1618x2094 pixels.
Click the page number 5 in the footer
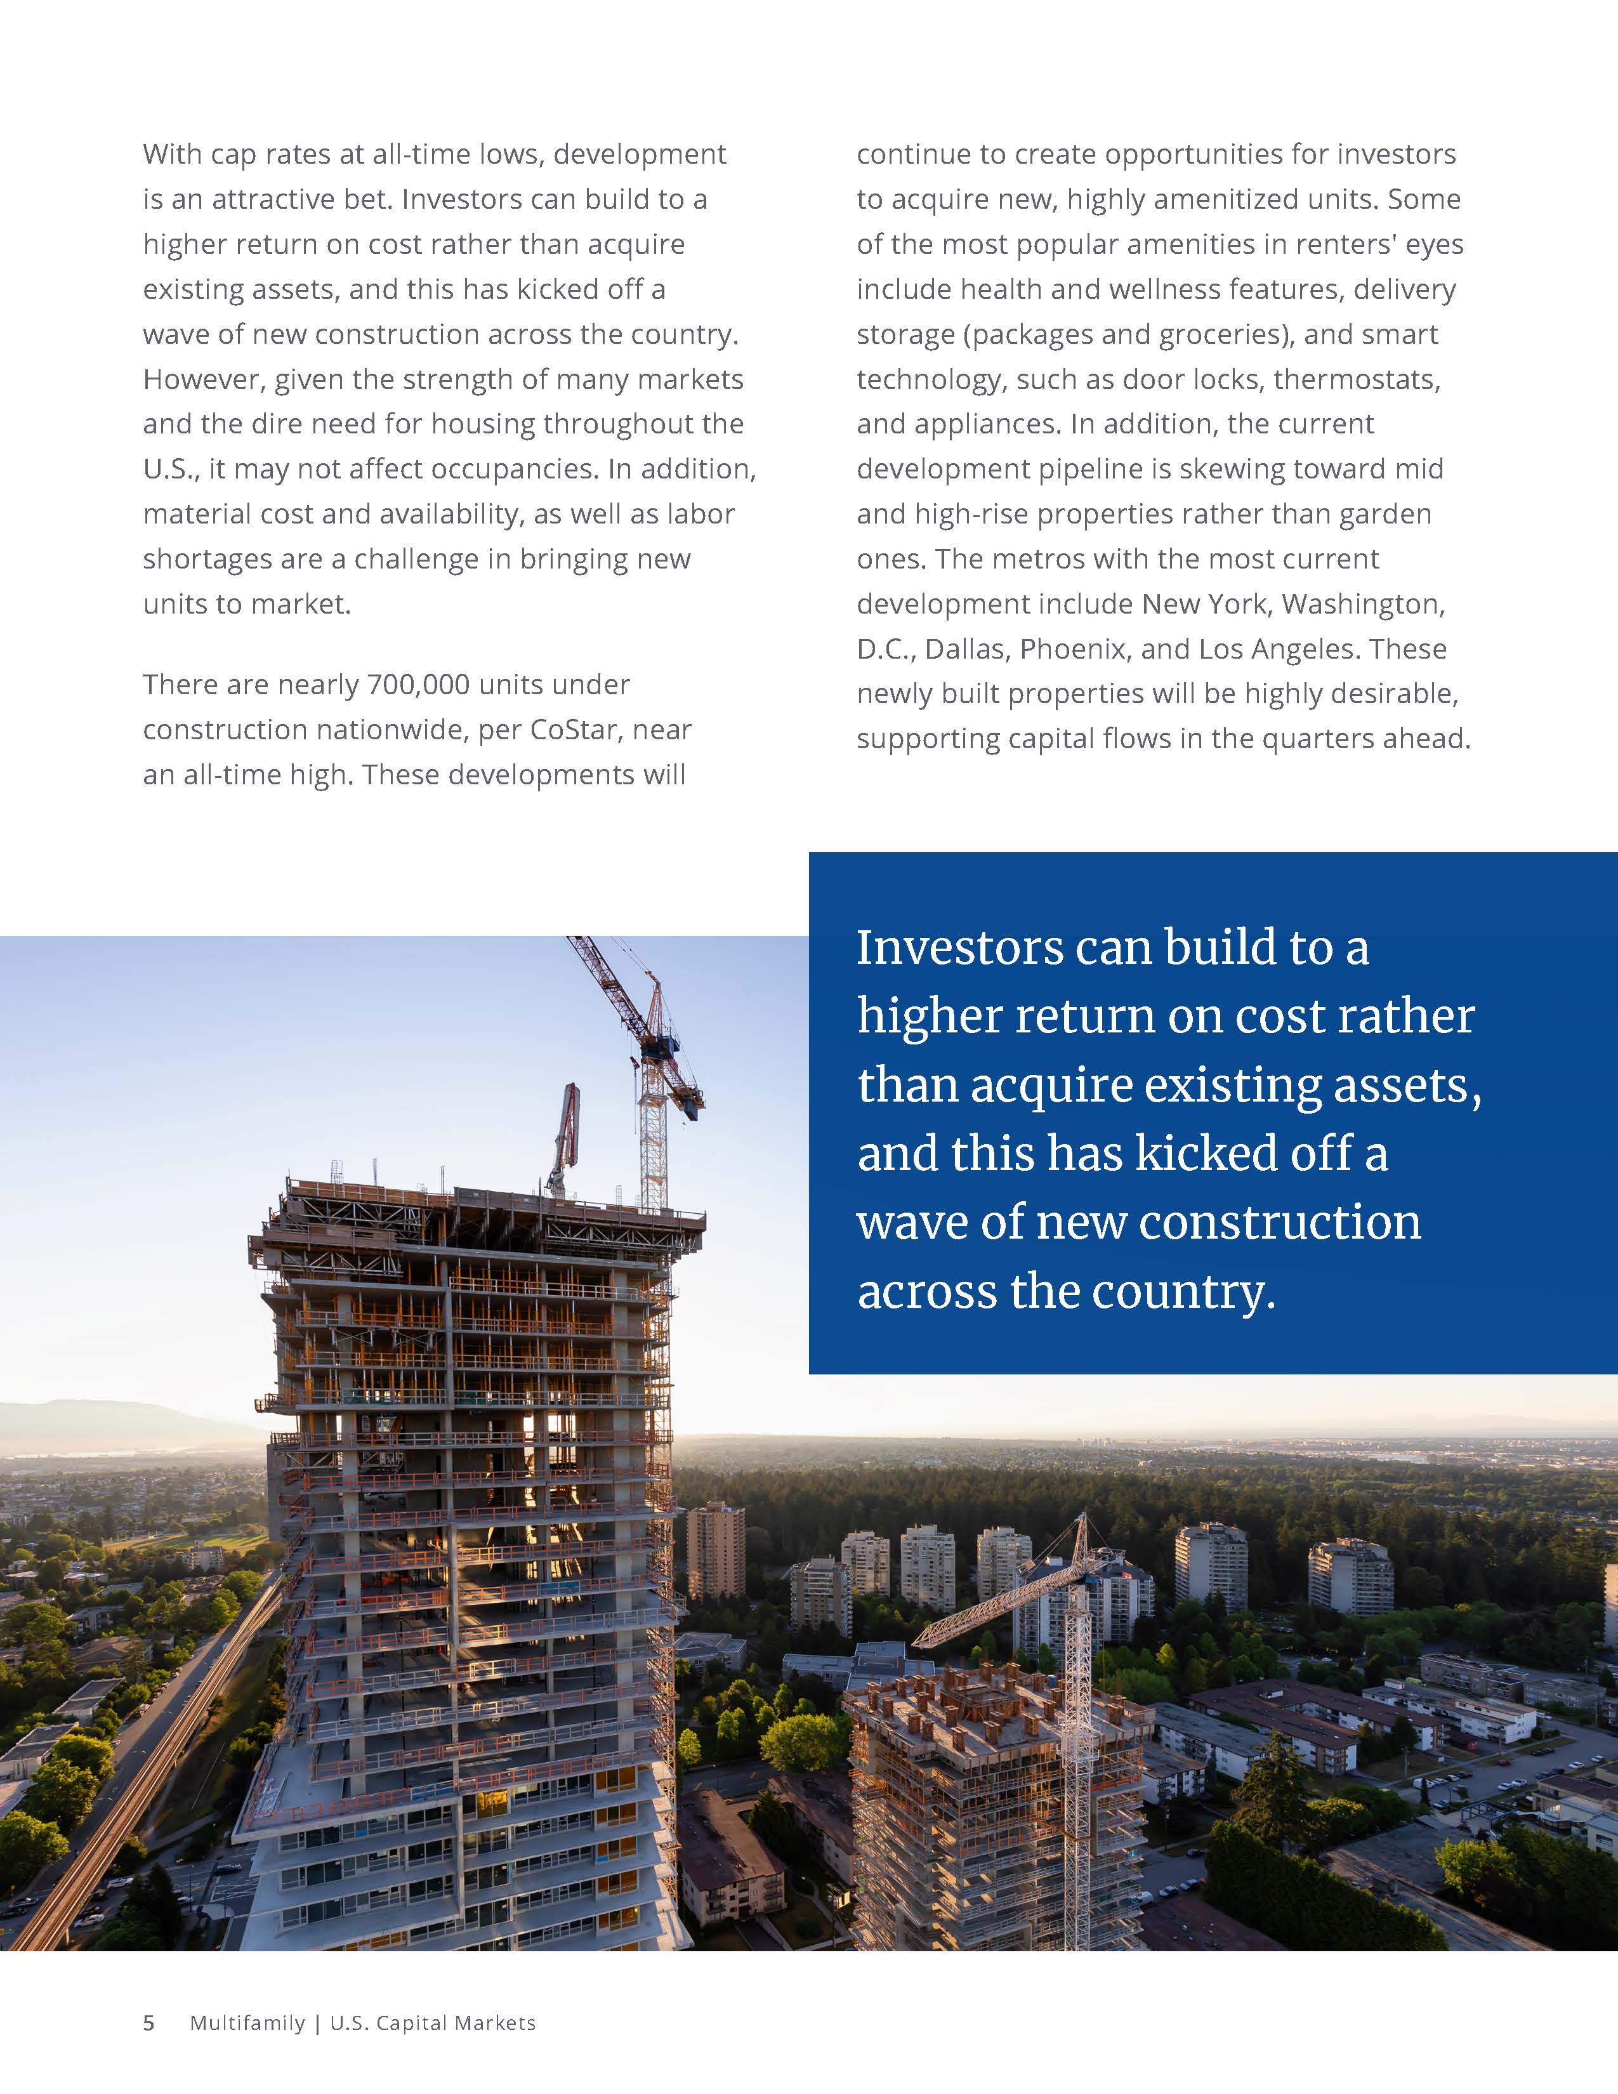148,2023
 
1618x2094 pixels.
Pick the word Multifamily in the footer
247,2023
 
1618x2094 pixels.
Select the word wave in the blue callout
904,1223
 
